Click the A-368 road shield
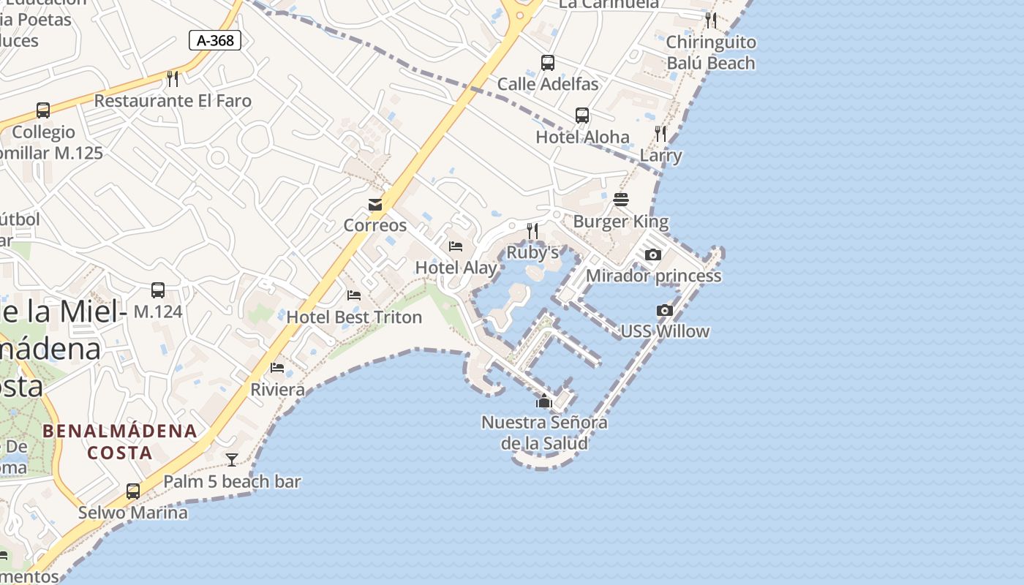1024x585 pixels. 215,40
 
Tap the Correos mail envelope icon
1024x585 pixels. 375,205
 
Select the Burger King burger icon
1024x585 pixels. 621,200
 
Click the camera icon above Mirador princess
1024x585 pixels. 653,255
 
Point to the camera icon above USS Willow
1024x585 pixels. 664,311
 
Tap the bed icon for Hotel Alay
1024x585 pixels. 456,246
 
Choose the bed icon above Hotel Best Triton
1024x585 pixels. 354,295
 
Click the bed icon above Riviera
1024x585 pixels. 277,367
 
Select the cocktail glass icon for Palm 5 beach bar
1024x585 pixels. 232,460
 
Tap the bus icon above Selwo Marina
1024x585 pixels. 133,491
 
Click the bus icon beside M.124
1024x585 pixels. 158,290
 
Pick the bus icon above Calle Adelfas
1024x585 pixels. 548,63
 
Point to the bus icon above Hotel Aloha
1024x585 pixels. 582,116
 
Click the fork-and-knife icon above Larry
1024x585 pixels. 660,134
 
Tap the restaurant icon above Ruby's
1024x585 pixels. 532,231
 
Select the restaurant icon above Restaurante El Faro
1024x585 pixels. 173,79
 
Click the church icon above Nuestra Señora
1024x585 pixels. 543,401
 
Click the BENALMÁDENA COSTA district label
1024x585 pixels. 120,442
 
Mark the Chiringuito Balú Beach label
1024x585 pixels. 710,53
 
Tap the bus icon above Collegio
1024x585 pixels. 43,111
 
